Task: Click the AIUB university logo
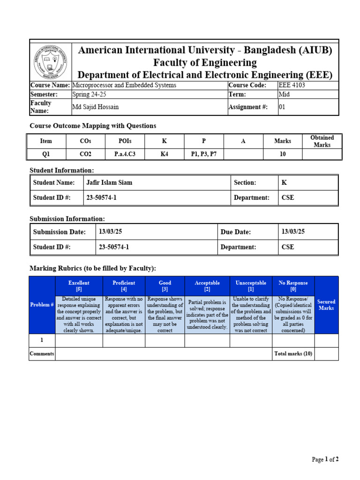click(x=51, y=62)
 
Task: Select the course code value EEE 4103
click(x=294, y=85)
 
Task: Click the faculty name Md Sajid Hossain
click(x=96, y=107)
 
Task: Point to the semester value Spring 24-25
click(x=90, y=94)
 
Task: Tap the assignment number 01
click(x=282, y=107)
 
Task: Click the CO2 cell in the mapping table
click(x=86, y=154)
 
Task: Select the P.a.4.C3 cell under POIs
click(x=125, y=154)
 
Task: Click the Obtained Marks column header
click(x=322, y=141)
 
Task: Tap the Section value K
click(x=284, y=183)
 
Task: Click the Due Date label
click(x=236, y=232)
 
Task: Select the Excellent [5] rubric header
click(x=79, y=286)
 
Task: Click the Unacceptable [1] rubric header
click(x=251, y=286)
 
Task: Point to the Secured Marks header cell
click(x=326, y=305)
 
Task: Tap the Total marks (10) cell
click(x=293, y=354)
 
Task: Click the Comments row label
click(x=42, y=354)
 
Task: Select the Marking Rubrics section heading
click(x=93, y=268)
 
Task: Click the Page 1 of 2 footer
click(x=325, y=460)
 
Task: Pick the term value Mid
click(x=284, y=94)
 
